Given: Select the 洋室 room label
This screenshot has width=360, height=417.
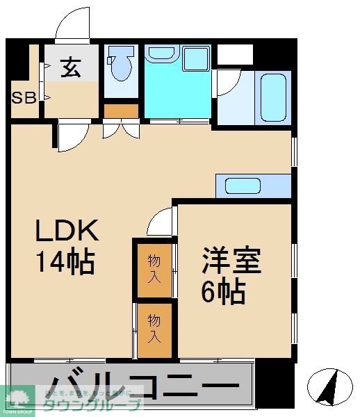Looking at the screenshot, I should click(x=231, y=262).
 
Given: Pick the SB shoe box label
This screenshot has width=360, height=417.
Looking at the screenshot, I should click(x=24, y=97).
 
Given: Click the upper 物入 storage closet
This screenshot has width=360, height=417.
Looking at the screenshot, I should click(x=154, y=268).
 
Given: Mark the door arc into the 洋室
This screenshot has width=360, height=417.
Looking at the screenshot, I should click(x=161, y=222).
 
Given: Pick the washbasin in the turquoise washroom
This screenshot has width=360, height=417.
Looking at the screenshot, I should click(x=163, y=54).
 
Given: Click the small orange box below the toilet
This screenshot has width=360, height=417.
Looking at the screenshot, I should click(x=122, y=111).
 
